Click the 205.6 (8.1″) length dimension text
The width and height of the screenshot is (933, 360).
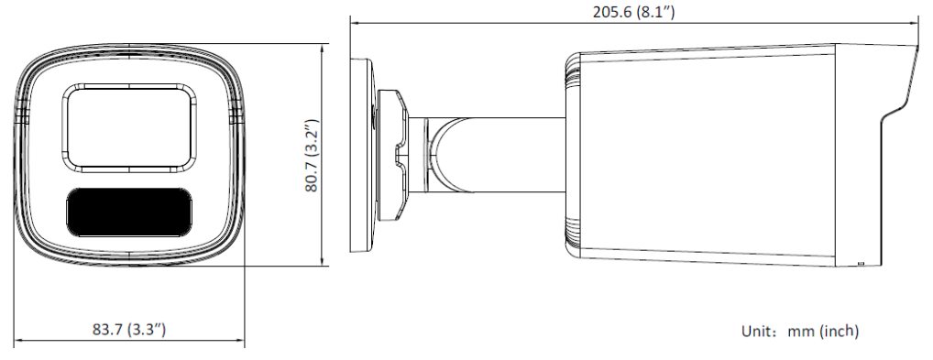pos(633,11)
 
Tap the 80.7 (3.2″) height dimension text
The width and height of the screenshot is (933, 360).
pos(313,156)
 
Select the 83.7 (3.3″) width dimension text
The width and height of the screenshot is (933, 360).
pos(128,329)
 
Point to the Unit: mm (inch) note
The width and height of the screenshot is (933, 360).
pos(800,331)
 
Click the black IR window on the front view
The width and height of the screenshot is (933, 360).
pos(129,212)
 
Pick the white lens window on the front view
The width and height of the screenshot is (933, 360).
pos(129,128)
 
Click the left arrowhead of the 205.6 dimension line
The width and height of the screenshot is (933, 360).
pos(354,24)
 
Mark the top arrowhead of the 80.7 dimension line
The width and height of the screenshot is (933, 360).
pos(322,48)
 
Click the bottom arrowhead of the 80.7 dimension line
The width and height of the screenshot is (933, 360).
pos(322,262)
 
